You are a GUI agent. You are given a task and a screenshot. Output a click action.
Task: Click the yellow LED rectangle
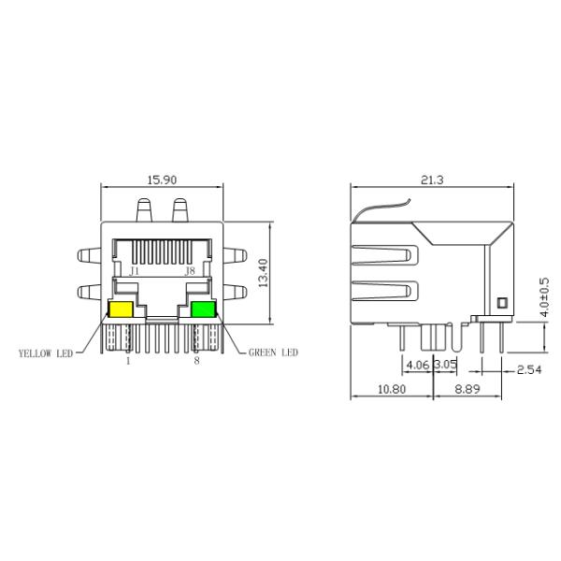point(121,310)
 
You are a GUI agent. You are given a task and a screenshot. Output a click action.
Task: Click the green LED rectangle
point(202,310)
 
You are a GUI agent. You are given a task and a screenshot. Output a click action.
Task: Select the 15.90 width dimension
point(164,180)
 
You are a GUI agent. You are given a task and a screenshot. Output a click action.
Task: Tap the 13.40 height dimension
point(264,273)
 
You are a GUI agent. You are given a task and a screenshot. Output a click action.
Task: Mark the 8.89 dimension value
point(469,389)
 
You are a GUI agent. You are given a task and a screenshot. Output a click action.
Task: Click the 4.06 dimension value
point(416,364)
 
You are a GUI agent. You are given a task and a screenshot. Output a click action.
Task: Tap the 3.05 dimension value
point(444,364)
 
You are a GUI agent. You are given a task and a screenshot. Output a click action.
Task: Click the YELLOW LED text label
point(46,353)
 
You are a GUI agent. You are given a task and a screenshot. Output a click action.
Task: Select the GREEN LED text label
point(273,353)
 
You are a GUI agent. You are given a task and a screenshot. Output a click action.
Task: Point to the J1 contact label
point(135,270)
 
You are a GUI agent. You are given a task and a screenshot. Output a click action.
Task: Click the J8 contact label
point(190,270)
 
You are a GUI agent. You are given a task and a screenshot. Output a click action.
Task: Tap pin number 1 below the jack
point(128,360)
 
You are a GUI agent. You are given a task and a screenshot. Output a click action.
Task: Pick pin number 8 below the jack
point(196,360)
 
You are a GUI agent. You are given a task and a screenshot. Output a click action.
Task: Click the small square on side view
point(501,302)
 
